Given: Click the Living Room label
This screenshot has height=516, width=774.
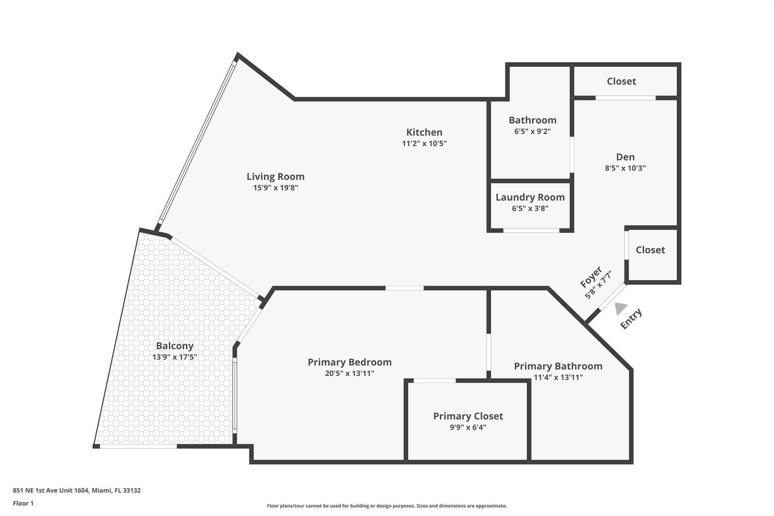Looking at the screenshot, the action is (x=275, y=176).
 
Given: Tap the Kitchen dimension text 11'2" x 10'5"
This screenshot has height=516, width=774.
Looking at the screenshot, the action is (x=424, y=143).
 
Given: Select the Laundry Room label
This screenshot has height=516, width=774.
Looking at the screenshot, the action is (x=530, y=197).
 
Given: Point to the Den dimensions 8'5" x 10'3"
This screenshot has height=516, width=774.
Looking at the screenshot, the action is (x=625, y=168).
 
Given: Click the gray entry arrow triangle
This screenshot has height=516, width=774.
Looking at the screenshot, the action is (x=621, y=308).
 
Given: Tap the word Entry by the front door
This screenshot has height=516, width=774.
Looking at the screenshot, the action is (x=631, y=319).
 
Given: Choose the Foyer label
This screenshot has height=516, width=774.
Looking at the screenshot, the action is (x=591, y=276).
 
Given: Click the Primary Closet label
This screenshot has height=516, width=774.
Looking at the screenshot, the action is (x=468, y=416).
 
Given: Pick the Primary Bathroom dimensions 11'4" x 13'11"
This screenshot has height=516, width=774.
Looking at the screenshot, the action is (x=558, y=377).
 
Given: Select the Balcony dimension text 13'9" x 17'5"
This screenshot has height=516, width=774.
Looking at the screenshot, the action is (x=175, y=357).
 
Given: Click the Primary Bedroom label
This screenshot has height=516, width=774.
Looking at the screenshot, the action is (x=350, y=362).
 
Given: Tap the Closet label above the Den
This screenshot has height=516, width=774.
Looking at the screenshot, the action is (x=621, y=81).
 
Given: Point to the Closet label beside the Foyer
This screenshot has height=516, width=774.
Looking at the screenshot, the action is (x=650, y=250).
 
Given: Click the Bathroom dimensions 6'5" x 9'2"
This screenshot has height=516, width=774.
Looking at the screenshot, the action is (x=533, y=132).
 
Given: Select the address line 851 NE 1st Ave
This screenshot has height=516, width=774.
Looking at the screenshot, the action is (x=77, y=490).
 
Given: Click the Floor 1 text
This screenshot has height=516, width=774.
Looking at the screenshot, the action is (x=23, y=503).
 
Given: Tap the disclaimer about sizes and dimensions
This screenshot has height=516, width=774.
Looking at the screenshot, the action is (x=387, y=506).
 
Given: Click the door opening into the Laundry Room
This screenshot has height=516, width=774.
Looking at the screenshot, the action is (x=531, y=230).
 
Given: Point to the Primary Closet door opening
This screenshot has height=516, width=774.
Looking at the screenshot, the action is (x=434, y=380).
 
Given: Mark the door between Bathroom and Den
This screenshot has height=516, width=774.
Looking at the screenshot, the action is (x=572, y=154).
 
